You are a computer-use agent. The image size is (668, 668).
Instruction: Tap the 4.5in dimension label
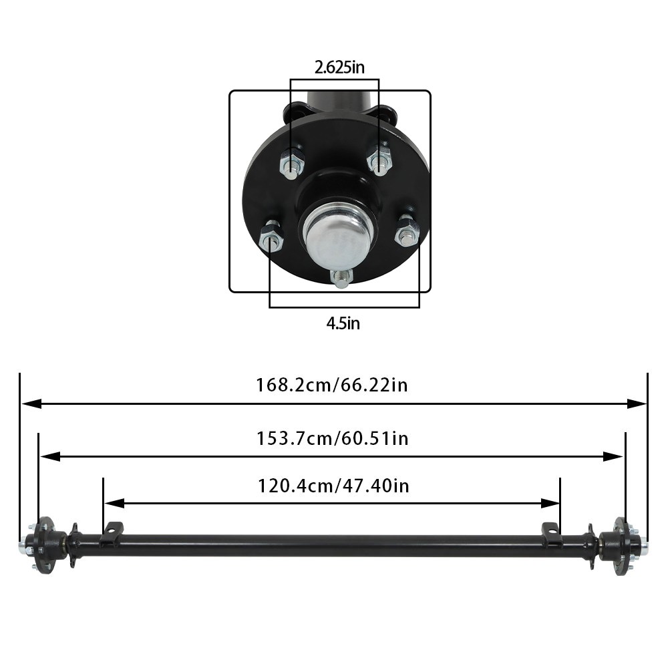[x=343, y=323]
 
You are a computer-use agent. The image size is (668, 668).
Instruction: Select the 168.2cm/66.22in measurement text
[x=332, y=385]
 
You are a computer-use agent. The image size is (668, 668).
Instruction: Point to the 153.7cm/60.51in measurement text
[x=332, y=438]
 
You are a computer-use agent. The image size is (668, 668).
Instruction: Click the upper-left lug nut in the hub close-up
[x=292, y=162]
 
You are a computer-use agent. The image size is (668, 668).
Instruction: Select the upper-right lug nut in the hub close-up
[x=379, y=160]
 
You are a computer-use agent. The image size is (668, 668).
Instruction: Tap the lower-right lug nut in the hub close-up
[x=407, y=232]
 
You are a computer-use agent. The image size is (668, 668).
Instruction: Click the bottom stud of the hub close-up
[x=341, y=277]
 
